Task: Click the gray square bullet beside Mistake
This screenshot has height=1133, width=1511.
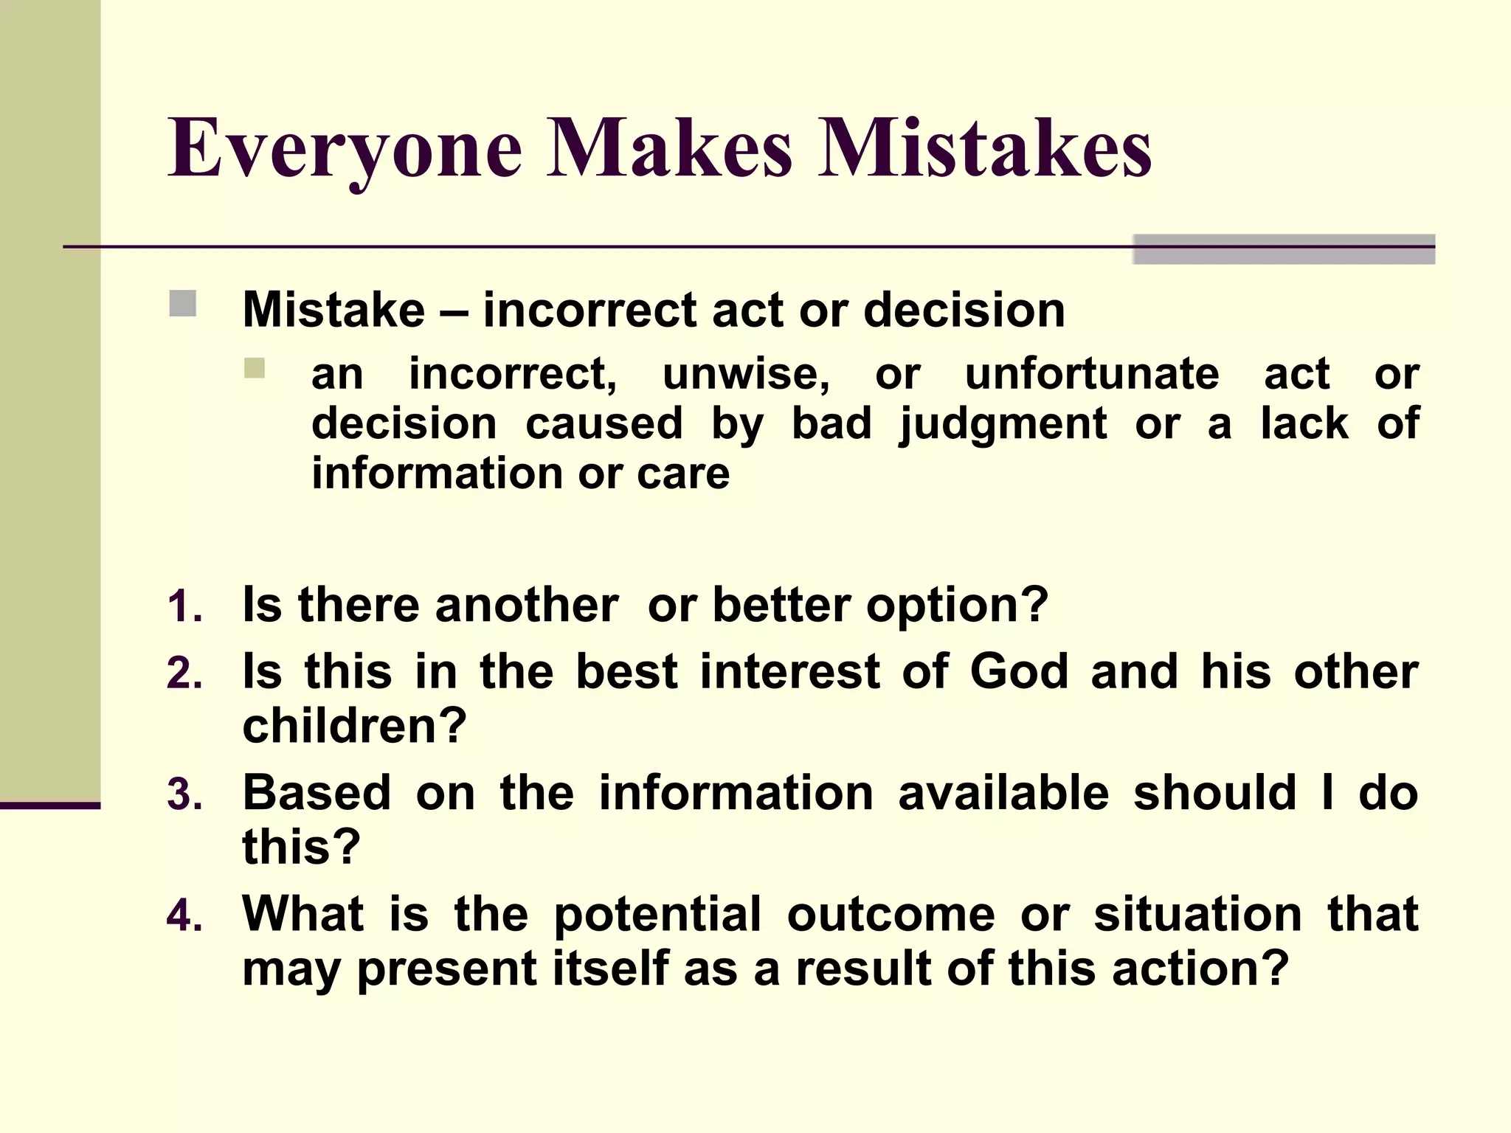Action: (182, 303)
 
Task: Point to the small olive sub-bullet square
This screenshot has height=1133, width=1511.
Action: (255, 368)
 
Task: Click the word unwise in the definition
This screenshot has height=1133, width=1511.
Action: (746, 373)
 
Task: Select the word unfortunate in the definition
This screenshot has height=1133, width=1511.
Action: (1092, 373)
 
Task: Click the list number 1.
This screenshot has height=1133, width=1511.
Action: (184, 608)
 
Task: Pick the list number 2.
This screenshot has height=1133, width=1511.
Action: (184, 674)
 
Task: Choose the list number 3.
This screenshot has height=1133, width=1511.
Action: (184, 795)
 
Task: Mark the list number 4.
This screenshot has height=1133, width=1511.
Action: (184, 916)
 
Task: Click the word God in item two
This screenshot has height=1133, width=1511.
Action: (1019, 671)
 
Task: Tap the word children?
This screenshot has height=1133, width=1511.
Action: (355, 726)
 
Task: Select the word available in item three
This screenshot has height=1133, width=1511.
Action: (1003, 792)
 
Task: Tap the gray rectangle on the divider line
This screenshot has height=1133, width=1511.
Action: (1283, 249)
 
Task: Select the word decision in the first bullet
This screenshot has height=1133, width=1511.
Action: (964, 309)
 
